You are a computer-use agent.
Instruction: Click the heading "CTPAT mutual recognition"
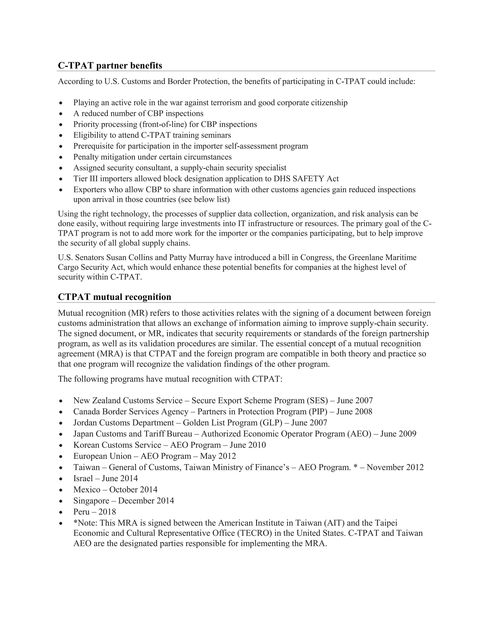[x=115, y=297]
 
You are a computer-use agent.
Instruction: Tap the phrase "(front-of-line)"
[x=163, y=124]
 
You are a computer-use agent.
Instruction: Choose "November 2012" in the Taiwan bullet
[x=395, y=467]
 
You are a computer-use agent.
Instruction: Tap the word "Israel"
[x=83, y=478]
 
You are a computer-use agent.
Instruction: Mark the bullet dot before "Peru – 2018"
[x=61, y=512]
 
